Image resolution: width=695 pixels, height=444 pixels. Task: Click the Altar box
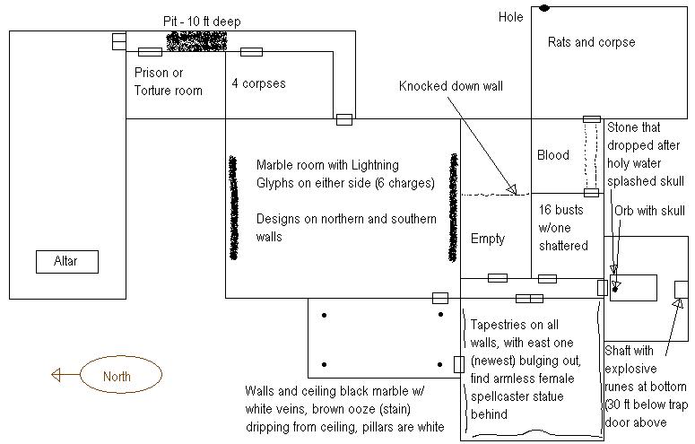[x=66, y=262]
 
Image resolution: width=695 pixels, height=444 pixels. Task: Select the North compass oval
[x=120, y=375]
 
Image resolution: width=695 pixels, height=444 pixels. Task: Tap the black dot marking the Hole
[x=543, y=8]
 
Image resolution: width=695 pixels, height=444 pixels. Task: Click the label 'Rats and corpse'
[x=591, y=42]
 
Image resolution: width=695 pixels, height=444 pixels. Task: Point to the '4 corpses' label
[x=258, y=83]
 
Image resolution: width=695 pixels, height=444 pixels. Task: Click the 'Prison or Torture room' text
[x=169, y=82]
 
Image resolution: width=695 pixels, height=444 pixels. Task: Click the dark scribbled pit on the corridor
[x=195, y=40]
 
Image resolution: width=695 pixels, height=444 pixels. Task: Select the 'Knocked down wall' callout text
[x=451, y=86]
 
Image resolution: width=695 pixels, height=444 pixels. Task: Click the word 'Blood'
[x=552, y=155]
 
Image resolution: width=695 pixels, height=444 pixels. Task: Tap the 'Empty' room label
[x=488, y=239]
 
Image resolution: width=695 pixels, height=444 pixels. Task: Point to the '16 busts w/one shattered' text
[x=563, y=227]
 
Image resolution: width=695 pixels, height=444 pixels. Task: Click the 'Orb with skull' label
[x=649, y=212]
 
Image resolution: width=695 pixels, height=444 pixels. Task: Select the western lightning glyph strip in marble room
[x=233, y=208]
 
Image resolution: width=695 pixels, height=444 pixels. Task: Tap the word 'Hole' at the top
[x=510, y=17]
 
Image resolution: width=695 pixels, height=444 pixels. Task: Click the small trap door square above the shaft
[x=682, y=288]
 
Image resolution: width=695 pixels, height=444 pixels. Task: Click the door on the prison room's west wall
[x=118, y=41]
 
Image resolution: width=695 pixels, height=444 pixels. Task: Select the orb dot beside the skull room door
[x=616, y=288]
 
